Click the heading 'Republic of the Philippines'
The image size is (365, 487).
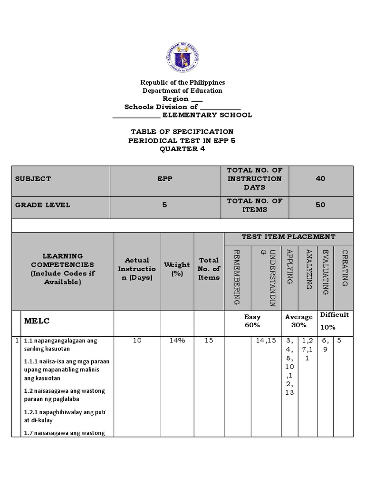[x=182, y=82]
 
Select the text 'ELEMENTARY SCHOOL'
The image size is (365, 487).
[x=207, y=115]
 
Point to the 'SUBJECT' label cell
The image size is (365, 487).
[x=33, y=179]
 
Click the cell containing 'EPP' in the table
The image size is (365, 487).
[x=165, y=179]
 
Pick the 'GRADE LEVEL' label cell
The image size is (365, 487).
[x=43, y=205]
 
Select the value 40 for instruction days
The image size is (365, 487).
[x=321, y=179]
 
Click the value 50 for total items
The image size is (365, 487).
[x=321, y=205]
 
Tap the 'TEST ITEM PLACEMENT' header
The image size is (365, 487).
[x=288, y=236]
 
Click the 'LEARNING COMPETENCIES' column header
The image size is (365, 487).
[x=62, y=269]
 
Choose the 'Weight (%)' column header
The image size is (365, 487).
[x=176, y=269]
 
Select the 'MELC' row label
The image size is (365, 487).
[x=37, y=321]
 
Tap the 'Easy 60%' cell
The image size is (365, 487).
[x=252, y=321]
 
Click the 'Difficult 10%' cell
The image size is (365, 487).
[x=334, y=321]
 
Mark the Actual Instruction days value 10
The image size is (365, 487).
[x=137, y=341]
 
